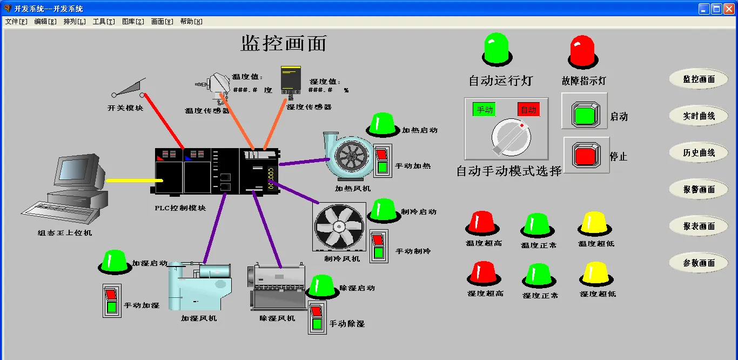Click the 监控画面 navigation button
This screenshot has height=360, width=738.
tap(699, 79)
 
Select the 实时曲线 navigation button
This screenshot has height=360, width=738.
tap(699, 116)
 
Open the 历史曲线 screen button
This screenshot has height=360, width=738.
tap(699, 152)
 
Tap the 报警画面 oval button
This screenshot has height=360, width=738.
tap(699, 189)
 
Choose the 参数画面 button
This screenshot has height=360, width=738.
tap(699, 263)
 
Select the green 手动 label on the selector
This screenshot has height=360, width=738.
tap(485, 109)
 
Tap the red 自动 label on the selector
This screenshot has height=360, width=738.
tap(528, 109)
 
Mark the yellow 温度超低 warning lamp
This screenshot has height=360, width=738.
tap(595, 223)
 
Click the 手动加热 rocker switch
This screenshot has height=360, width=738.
tap(383, 161)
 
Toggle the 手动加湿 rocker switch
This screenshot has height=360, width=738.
tap(111, 300)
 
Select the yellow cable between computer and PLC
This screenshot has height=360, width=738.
tap(130, 180)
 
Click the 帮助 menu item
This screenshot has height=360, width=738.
tap(191, 22)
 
